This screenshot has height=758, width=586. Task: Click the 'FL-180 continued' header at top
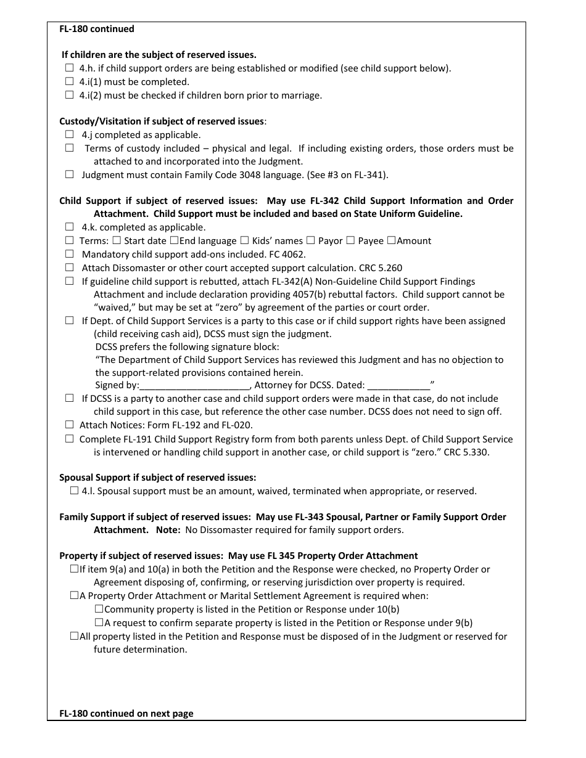click(x=96, y=29)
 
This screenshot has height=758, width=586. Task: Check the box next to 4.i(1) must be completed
click(x=69, y=82)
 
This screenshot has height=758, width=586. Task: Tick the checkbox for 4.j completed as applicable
click(x=69, y=134)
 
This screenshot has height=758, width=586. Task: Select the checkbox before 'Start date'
click(x=117, y=241)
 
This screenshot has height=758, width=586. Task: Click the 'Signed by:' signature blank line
click(x=194, y=386)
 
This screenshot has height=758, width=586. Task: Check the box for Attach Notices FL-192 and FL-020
click(x=69, y=425)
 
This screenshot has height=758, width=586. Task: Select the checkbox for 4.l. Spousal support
click(x=75, y=491)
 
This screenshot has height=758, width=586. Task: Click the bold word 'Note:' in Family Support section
click(x=168, y=530)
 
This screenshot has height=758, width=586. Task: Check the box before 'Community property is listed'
click(x=99, y=609)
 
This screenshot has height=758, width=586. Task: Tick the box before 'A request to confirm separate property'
click(x=99, y=623)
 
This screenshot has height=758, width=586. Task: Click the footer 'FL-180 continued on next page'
click(x=126, y=714)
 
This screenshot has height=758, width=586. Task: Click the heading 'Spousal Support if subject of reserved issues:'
click(x=157, y=478)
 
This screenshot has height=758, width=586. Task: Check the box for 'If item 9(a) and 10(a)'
click(x=74, y=569)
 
